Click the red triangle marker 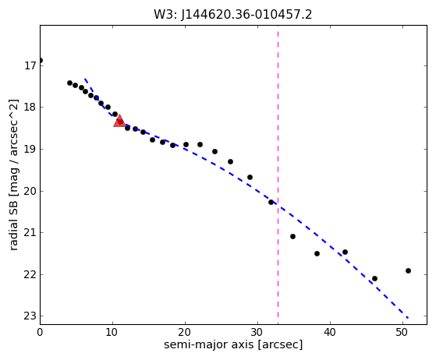pyautogui.click(x=119, y=121)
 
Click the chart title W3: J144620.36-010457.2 pyautogui.click(x=233, y=15)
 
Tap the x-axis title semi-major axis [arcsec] pyautogui.click(x=233, y=344)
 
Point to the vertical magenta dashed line pyautogui.click(x=278, y=175)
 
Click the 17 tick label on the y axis pyautogui.click(x=30, y=65)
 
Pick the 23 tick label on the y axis pyautogui.click(x=30, y=316)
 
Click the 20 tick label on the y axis pyautogui.click(x=30, y=191)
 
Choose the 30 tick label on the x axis pyautogui.click(x=257, y=332)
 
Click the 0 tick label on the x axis pyautogui.click(x=40, y=332)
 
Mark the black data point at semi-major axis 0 pyautogui.click(x=41, y=60)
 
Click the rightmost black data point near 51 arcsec pyautogui.click(x=408, y=270)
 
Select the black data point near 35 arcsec pyautogui.click(x=292, y=236)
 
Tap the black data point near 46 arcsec pyautogui.click(x=374, y=278)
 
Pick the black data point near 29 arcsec pyautogui.click(x=250, y=177)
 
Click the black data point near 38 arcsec pyautogui.click(x=317, y=253)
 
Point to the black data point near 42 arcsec pyautogui.click(x=345, y=252)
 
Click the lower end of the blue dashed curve pyautogui.click(x=408, y=318)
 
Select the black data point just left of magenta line pyautogui.click(x=271, y=202)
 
